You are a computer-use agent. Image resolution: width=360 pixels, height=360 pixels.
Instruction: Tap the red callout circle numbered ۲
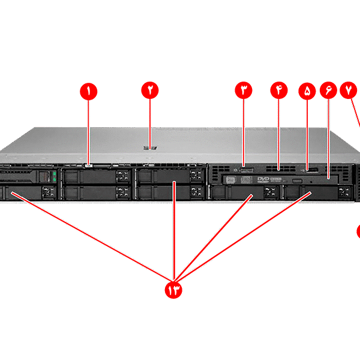149,90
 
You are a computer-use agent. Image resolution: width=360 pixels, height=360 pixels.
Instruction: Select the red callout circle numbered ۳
244,90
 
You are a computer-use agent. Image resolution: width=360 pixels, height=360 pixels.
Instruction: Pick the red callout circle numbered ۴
279,90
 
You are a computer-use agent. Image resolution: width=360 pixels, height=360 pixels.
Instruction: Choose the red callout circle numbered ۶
329,91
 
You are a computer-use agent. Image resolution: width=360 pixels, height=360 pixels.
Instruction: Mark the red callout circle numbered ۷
349,90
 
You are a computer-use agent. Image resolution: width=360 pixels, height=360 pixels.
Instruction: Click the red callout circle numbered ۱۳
174,290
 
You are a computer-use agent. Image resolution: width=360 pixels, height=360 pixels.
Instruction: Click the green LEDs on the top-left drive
54,176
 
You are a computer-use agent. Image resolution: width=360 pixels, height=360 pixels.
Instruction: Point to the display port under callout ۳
245,170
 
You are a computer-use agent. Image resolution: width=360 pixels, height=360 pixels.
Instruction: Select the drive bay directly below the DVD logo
246,193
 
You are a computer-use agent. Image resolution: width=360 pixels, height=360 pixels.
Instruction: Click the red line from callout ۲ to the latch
149,120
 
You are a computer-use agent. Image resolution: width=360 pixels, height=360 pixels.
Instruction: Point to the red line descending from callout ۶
329,138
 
